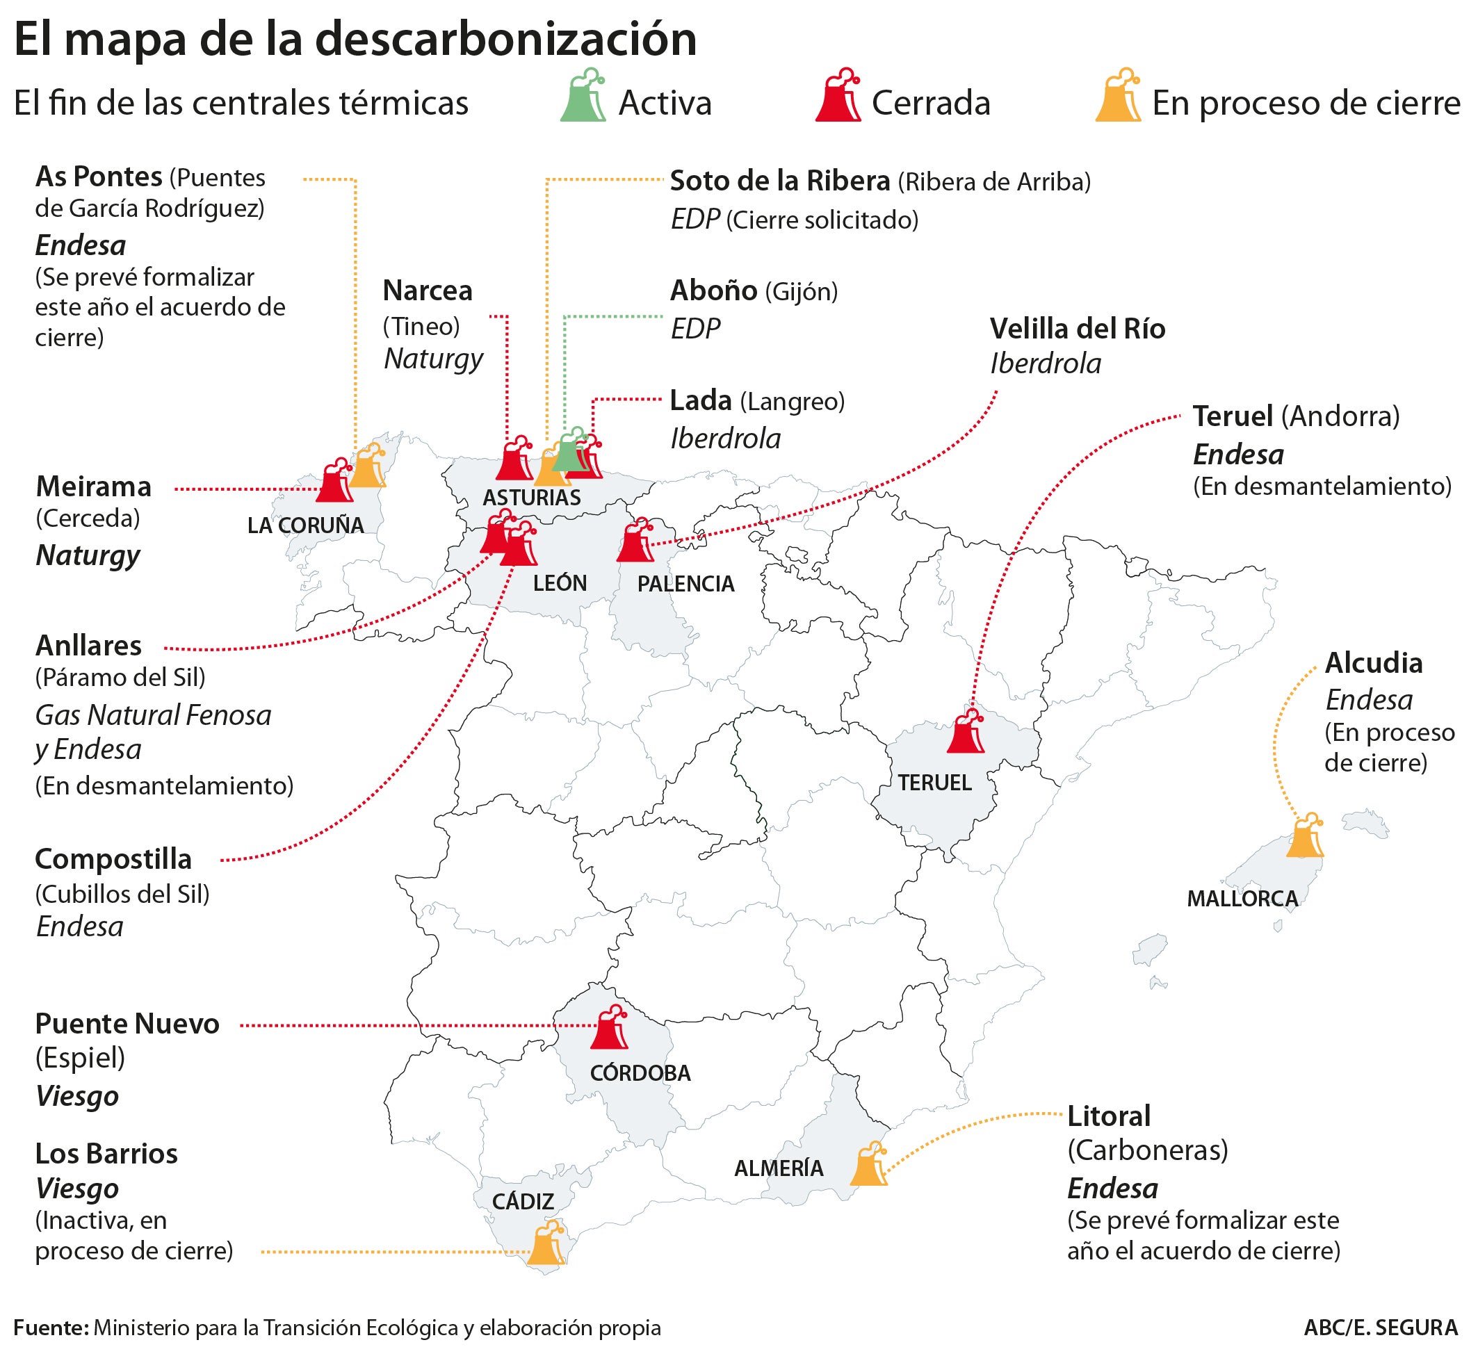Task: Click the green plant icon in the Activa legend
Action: coord(583,95)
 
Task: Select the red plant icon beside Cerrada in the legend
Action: coord(838,95)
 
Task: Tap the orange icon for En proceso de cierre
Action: coord(1118,95)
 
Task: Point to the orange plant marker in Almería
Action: coord(869,1164)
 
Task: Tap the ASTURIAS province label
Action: coord(532,498)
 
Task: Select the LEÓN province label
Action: coord(560,583)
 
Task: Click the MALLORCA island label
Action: coord(1242,899)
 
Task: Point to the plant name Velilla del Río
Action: coord(1077,329)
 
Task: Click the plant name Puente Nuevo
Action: coord(127,1024)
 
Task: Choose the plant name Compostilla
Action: coord(113,859)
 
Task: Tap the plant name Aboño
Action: coord(713,291)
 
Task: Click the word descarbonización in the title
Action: coord(506,40)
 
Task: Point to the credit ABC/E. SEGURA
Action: coord(1381,1328)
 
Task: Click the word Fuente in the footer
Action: coord(50,1328)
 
